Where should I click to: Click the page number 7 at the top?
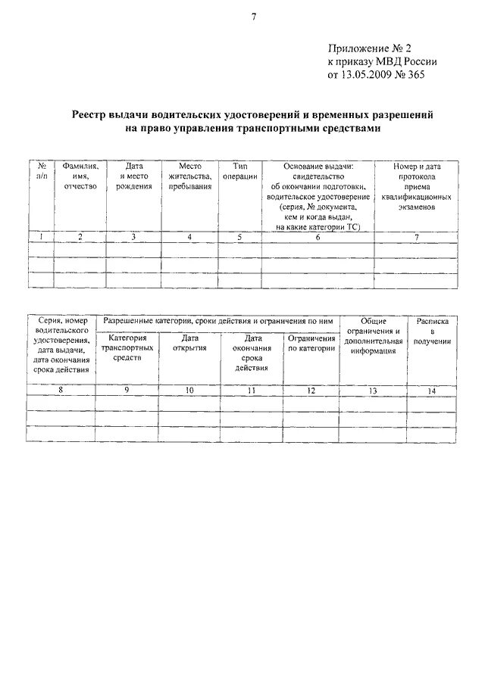pos(254,17)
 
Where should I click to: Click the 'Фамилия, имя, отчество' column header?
pos(80,176)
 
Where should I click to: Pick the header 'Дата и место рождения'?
pos(134,176)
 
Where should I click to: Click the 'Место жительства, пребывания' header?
pos(189,176)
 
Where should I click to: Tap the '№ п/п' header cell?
pos(42,170)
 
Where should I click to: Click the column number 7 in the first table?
pos(416,237)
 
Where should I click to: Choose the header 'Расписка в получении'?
pos(433,332)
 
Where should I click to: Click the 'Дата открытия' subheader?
pos(189,343)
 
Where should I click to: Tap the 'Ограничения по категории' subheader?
pos(311,343)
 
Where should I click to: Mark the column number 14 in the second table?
pos(432,391)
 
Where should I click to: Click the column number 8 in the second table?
pos(62,391)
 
